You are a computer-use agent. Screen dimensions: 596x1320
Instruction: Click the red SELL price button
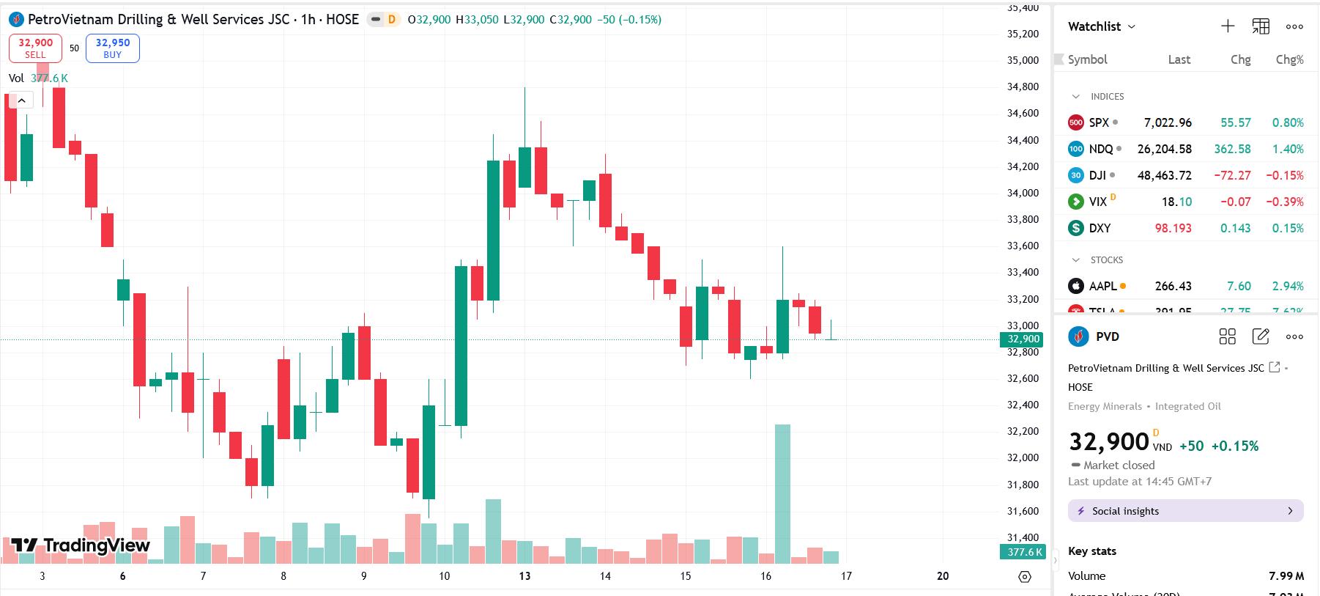click(x=35, y=48)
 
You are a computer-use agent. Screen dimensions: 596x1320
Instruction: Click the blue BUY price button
click(x=112, y=48)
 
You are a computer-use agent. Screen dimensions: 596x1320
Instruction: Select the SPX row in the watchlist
click(x=1099, y=122)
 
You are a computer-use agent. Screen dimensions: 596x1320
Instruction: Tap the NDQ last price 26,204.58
click(x=1164, y=149)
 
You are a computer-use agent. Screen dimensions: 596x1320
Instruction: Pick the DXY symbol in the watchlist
click(x=1100, y=228)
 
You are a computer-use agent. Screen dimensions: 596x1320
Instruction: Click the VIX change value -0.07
click(x=1235, y=202)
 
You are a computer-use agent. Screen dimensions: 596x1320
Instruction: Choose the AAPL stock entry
click(x=1102, y=286)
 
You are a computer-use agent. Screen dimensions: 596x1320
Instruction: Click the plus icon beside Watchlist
click(x=1228, y=26)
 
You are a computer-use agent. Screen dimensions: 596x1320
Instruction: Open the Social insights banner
click(x=1185, y=511)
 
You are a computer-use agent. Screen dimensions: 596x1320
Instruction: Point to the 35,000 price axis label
click(x=1023, y=60)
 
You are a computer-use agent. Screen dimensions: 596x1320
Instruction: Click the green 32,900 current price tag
click(x=1023, y=339)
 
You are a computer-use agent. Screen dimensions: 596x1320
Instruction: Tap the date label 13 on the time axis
click(x=524, y=576)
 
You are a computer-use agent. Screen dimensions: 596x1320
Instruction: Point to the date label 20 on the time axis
click(x=943, y=576)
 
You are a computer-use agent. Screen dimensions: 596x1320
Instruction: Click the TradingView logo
click(x=81, y=545)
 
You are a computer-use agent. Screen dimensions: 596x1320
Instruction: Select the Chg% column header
click(x=1289, y=59)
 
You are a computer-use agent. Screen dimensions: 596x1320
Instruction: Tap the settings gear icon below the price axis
click(x=1025, y=577)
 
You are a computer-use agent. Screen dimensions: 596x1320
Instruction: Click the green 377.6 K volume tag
click(x=1023, y=552)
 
